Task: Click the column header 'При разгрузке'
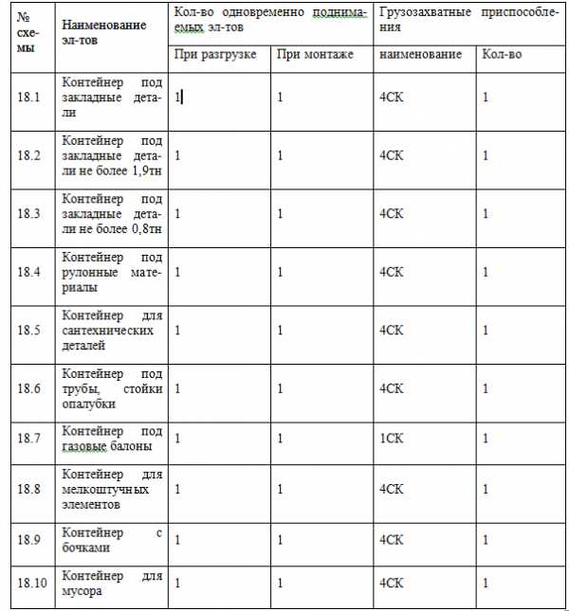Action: tap(215, 54)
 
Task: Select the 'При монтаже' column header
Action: tap(315, 54)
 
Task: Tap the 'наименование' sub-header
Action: tap(420, 54)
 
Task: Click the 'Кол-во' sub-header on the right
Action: tap(502, 54)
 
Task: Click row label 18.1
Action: tap(28, 97)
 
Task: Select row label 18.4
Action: tap(28, 272)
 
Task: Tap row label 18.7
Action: tap(28, 440)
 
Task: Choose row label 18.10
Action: tap(32, 583)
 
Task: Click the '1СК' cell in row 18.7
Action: tap(391, 440)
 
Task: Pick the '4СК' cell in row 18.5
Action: tap(391, 331)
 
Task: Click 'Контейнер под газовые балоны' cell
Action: tap(112, 440)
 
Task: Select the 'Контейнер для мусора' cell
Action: tap(112, 584)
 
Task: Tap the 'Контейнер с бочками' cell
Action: tap(112, 540)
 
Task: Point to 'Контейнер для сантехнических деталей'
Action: tap(112, 331)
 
